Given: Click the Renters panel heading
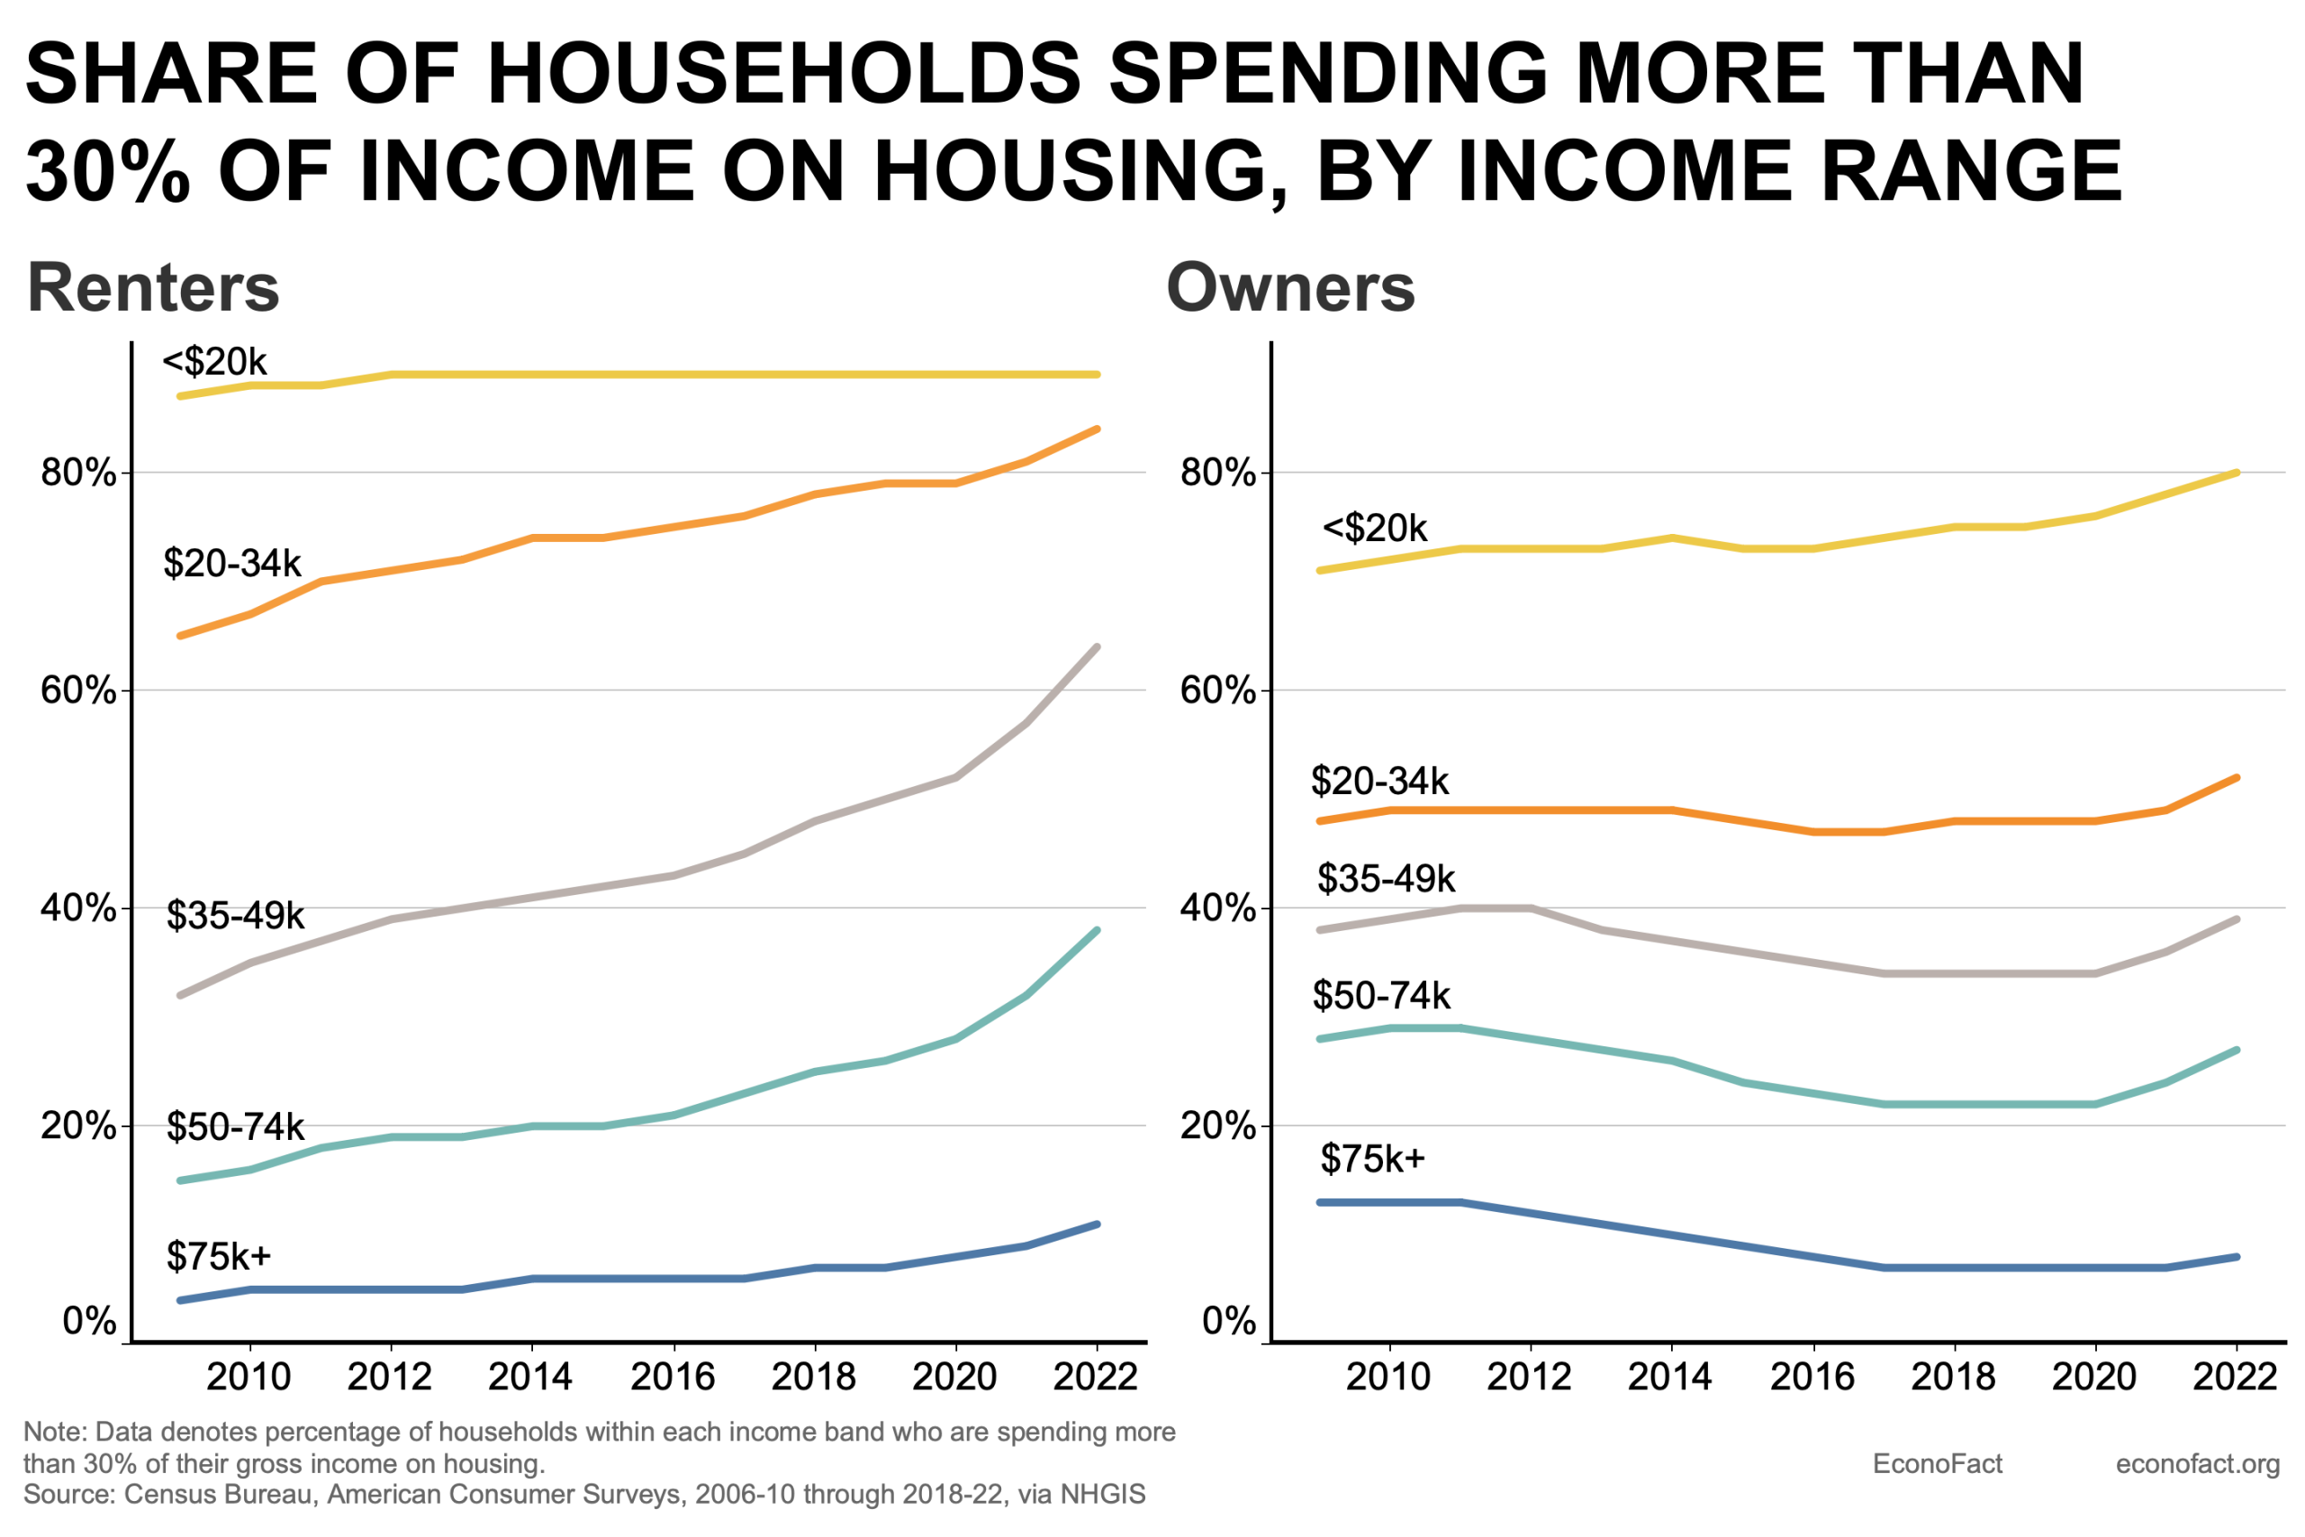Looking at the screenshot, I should pyautogui.click(x=153, y=288).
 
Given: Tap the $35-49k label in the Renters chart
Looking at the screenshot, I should pyautogui.click(x=235, y=916).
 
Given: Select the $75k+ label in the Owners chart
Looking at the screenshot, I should pyautogui.click(x=1372, y=1159).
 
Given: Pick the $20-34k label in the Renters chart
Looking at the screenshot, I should pyautogui.click(x=232, y=564).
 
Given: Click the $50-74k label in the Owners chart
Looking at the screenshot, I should pyautogui.click(x=1381, y=996).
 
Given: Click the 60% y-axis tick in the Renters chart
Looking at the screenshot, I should pyautogui.click(x=78, y=690).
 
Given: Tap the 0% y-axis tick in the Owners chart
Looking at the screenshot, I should pyautogui.click(x=1229, y=1320).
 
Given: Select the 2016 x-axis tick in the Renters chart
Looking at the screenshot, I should pyautogui.click(x=673, y=1378).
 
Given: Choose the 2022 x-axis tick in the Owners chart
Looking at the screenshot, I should pyautogui.click(x=2235, y=1378).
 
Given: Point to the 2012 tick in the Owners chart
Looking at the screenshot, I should pyautogui.click(x=1529, y=1378).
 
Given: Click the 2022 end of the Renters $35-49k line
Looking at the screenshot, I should pyautogui.click(x=1097, y=647).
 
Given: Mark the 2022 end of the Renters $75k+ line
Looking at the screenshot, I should pyautogui.click(x=1097, y=1225).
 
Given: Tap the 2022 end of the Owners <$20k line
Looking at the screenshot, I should pyautogui.click(x=2237, y=473).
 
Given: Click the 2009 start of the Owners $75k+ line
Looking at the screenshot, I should pyautogui.click(x=1320, y=1202).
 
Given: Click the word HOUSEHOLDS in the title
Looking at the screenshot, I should pyautogui.click(x=784, y=74).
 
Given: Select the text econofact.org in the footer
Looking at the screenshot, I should pyautogui.click(x=2197, y=1463).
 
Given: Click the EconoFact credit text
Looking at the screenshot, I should pyautogui.click(x=1937, y=1463).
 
